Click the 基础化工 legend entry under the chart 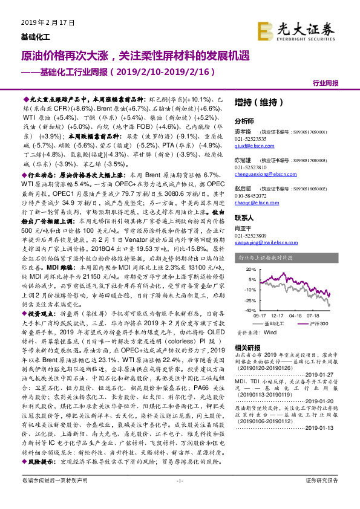point(278,324)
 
